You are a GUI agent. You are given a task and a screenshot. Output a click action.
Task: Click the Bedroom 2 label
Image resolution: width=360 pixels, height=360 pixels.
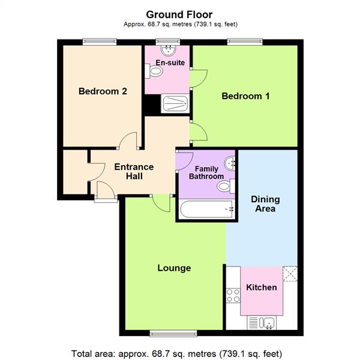[103, 92]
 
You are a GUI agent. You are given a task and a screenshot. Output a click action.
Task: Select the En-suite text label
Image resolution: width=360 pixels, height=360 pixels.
[166, 62]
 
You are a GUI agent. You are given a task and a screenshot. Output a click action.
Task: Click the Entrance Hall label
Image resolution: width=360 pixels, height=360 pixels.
[134, 172]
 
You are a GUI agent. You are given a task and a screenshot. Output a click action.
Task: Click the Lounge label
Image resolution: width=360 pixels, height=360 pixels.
[174, 268]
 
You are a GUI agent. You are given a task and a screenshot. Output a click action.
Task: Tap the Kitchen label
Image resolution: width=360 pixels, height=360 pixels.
[262, 287]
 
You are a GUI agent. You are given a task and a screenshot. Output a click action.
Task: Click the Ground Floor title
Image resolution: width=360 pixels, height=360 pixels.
[179, 14]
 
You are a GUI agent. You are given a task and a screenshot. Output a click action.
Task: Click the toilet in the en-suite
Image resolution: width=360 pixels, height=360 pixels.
[155, 71]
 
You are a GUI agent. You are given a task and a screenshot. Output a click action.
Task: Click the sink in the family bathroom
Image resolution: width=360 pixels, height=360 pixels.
[230, 162]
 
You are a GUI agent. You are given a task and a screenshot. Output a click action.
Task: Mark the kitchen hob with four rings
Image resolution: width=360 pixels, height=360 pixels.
[233, 295]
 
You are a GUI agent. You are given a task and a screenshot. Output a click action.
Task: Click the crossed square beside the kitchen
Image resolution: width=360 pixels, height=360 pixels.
[290, 273]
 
